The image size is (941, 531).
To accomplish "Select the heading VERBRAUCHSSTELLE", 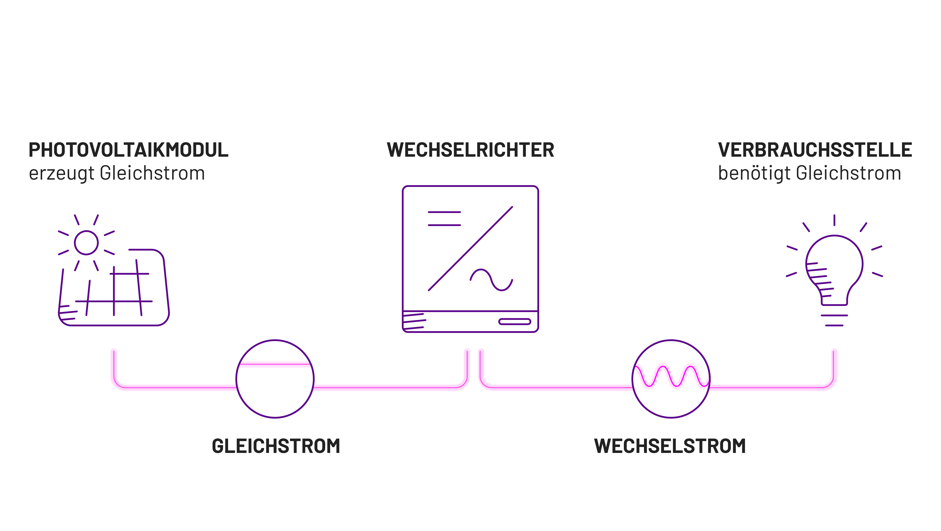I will pos(815,150).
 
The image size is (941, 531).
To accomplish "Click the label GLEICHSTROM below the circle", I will pos(276,446).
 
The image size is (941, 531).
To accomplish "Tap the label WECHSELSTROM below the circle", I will pos(670,446).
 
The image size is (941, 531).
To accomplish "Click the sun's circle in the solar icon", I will pos(86,243).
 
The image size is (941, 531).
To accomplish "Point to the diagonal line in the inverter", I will pos(471,249).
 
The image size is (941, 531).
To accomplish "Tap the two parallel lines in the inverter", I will pos(444,219).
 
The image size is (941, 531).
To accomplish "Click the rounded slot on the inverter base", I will pos(514,322).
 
